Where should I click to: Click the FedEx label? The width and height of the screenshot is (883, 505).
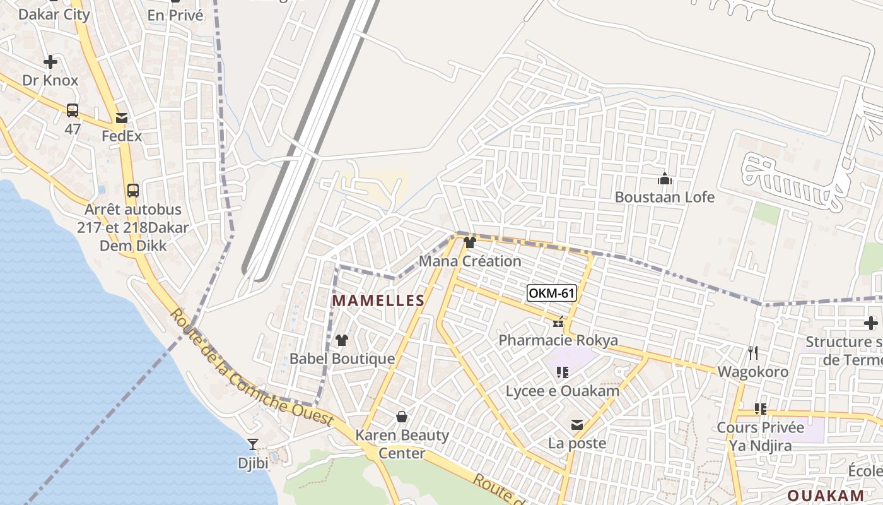[122, 136]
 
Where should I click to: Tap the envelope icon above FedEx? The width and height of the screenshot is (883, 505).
[122, 117]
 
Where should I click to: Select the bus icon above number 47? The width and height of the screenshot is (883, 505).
[73, 110]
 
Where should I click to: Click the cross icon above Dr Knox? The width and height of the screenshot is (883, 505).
[50, 62]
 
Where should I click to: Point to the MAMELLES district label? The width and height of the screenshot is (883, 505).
[378, 301]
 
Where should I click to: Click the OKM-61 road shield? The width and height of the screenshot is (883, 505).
[552, 293]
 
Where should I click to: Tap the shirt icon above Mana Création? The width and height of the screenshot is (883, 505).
[469, 242]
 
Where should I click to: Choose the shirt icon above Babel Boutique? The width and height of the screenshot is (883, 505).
[342, 340]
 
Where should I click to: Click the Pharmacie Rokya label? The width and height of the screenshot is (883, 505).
[558, 341]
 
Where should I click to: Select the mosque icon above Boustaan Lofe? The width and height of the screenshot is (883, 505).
[664, 179]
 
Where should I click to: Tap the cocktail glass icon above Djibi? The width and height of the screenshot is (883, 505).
[253, 444]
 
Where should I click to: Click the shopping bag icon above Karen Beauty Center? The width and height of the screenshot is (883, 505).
[401, 417]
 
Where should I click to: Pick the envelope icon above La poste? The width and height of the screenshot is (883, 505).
[576, 425]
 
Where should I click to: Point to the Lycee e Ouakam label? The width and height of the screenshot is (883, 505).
[562, 391]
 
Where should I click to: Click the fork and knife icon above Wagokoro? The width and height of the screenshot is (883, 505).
[752, 352]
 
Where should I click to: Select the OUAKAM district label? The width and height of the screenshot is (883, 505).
[826, 496]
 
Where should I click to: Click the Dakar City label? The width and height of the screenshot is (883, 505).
[54, 14]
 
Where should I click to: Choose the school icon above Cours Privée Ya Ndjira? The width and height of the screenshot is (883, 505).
[761, 408]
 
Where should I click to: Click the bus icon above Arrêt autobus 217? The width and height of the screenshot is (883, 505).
[133, 190]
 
